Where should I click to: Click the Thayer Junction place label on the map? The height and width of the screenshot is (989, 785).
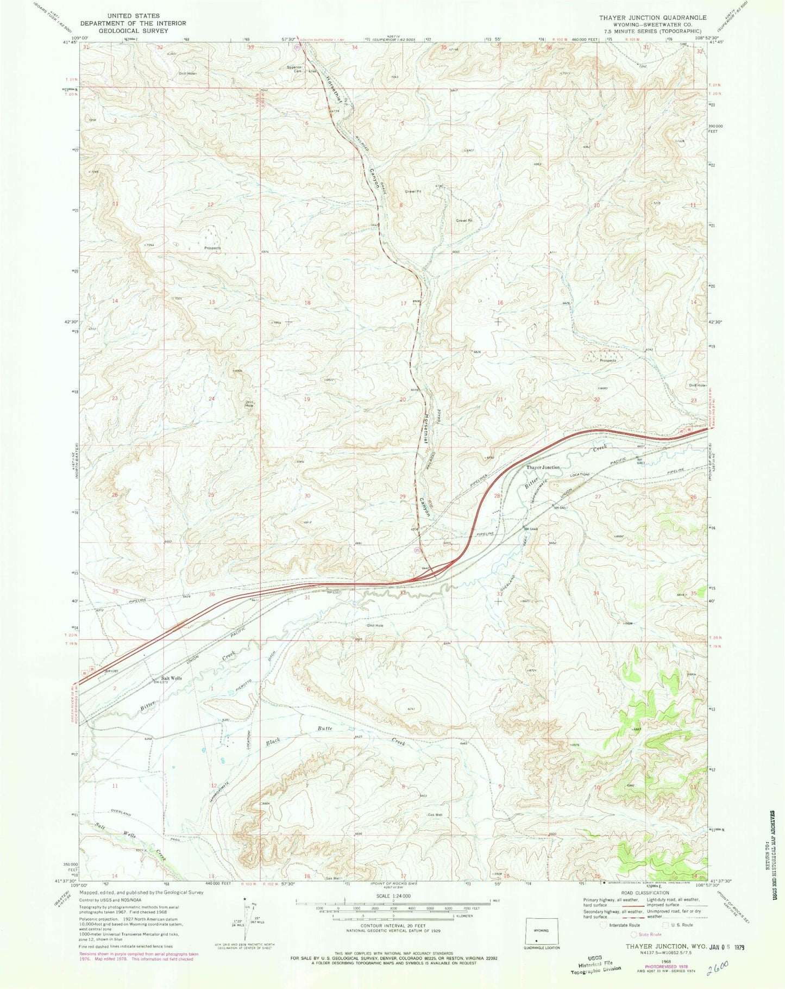542,467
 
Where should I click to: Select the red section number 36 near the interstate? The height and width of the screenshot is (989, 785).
211,594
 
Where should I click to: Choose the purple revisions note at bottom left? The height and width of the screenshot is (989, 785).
139,956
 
